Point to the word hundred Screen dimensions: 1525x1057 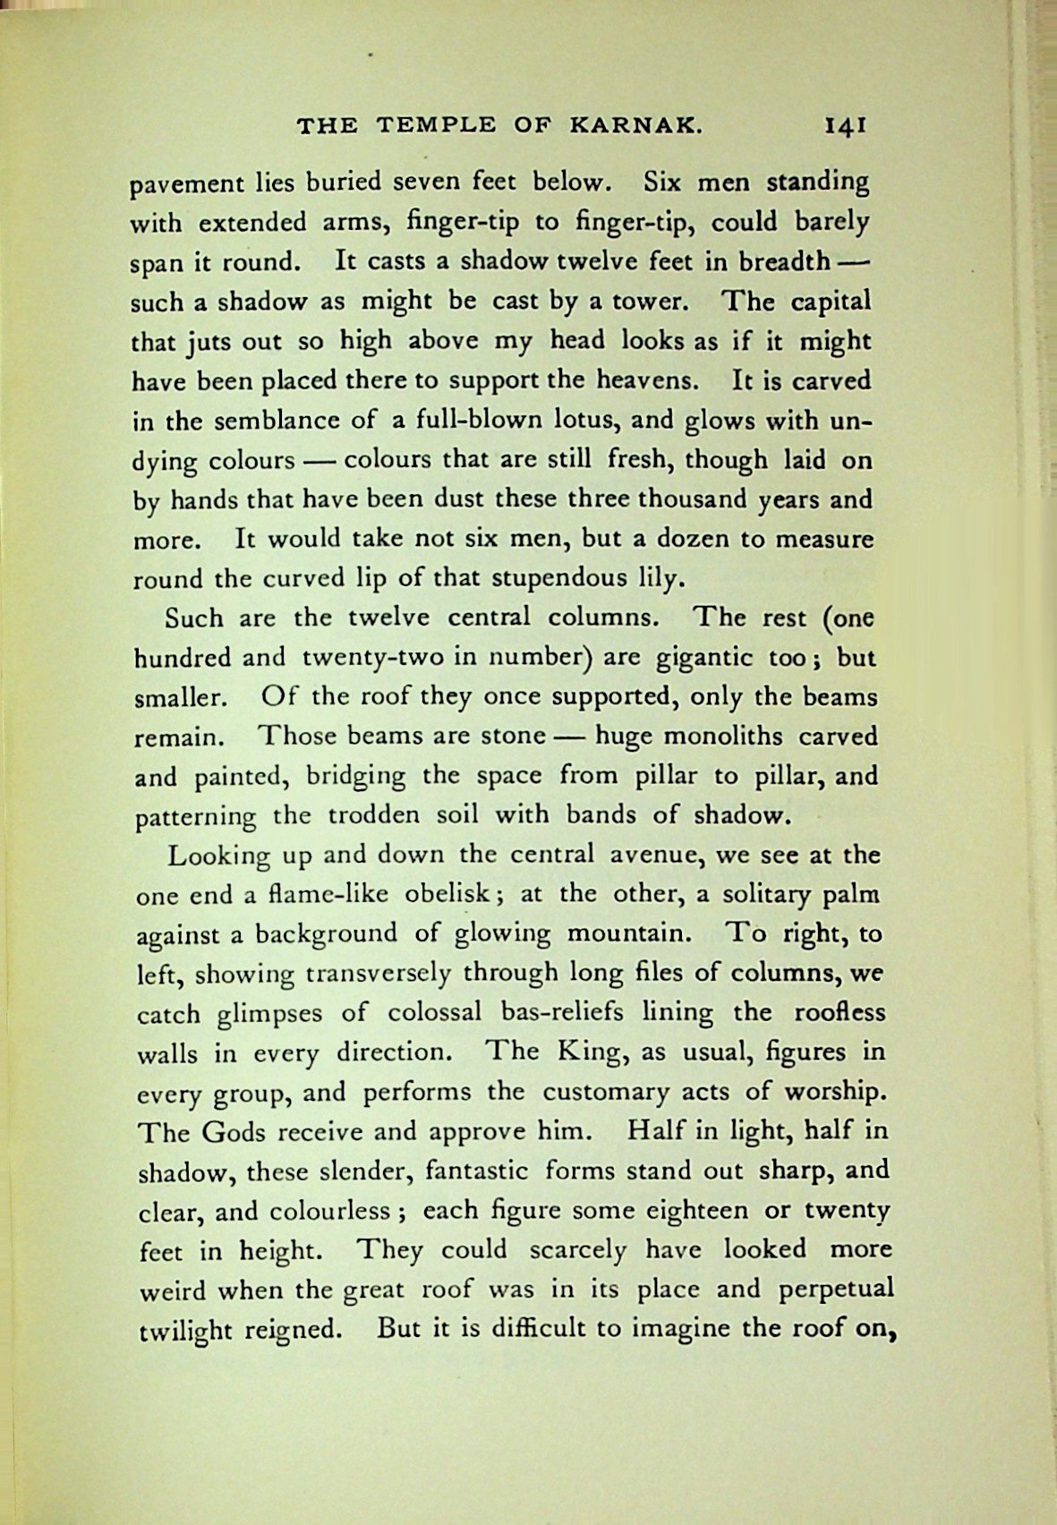coord(183,658)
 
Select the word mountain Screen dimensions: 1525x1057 coord(630,933)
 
